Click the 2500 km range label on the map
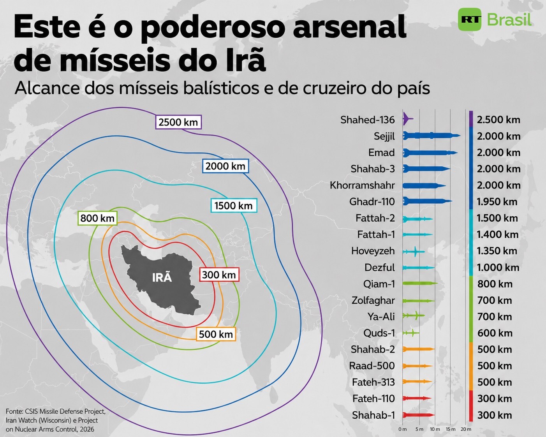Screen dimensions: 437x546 178,122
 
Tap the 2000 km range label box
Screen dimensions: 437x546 225,166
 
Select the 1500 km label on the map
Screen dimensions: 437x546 233,206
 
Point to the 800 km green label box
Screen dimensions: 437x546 97,218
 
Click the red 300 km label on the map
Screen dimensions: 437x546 219,275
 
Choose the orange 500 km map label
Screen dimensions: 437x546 216,334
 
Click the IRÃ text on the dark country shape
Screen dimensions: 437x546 162,278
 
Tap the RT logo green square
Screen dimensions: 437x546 470,19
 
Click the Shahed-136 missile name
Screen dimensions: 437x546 367,120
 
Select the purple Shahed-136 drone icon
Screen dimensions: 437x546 407,118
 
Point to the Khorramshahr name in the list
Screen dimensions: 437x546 362,185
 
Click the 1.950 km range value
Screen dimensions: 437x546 497,202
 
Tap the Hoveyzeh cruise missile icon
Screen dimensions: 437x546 414,252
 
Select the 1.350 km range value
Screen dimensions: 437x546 497,251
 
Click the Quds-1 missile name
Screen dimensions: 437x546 379,333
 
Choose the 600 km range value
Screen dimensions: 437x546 495,333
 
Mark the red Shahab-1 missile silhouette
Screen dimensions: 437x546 418,415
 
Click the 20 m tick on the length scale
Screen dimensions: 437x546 466,429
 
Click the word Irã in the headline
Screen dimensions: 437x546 242,60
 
